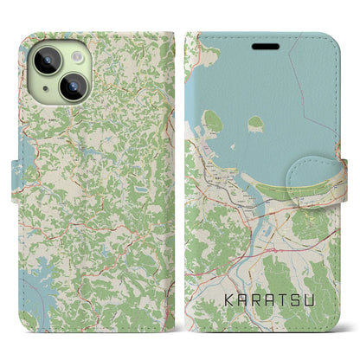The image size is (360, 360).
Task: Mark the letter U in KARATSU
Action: (318, 304)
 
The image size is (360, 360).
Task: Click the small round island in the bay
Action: (256, 125)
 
